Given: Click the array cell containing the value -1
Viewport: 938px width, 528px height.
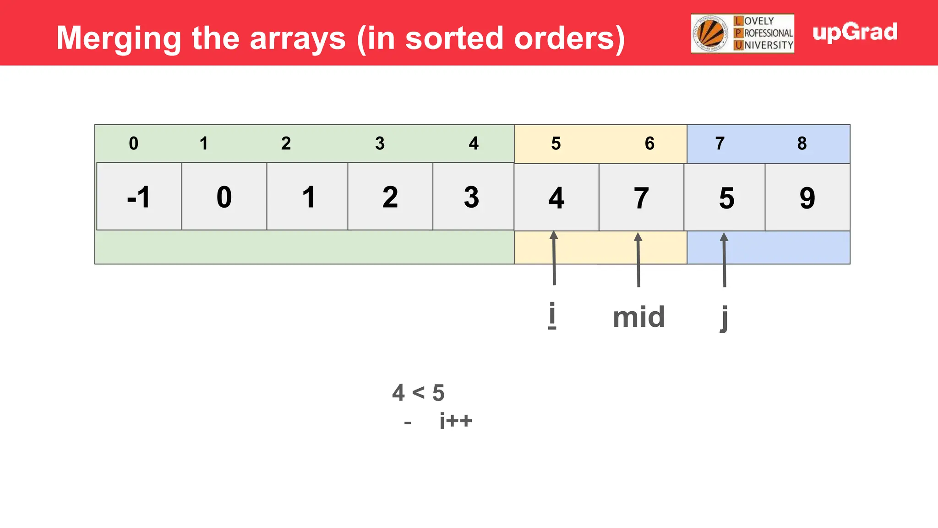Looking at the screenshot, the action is pos(139,197).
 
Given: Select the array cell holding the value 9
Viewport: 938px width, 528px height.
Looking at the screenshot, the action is pos(807,198).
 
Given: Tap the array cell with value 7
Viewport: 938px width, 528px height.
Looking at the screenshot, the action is pos(641,198).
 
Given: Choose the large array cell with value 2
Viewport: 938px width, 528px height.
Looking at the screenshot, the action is pos(390,197).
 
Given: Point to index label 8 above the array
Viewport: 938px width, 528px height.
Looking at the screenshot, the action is pos(802,143).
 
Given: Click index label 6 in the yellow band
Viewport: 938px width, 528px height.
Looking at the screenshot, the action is pos(649,143).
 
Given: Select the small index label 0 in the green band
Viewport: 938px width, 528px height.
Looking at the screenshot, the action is pos(133,143).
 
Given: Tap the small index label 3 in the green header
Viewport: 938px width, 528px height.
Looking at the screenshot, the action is pos(380,143).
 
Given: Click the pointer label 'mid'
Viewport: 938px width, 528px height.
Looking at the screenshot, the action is pos(638,317).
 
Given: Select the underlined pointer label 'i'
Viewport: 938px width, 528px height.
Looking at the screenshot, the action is pos(552,315).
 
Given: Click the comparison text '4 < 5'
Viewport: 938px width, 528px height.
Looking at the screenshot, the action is pos(418,393).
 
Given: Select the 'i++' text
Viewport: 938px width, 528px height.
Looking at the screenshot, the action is pos(455,420).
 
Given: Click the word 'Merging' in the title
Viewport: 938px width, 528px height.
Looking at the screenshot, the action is pos(119,38).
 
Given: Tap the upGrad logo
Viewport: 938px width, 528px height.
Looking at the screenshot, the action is pos(855,32).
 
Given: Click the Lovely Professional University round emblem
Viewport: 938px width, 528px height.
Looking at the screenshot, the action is pos(710,33).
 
